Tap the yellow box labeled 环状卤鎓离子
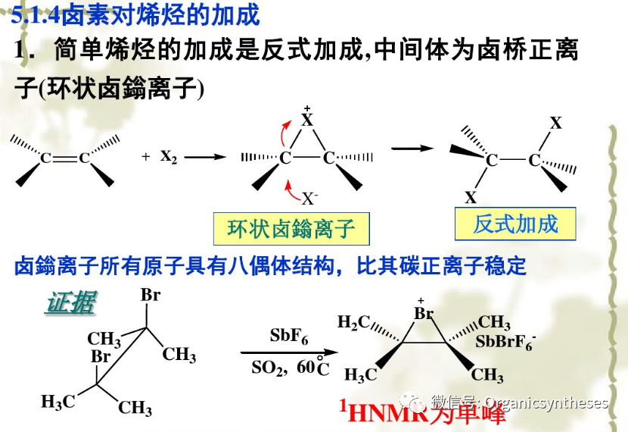coord(291,227)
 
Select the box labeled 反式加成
coord(515,224)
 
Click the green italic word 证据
coord(70,303)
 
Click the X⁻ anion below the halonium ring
coord(309,199)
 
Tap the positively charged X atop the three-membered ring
coord(306,119)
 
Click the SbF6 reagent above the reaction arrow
coord(288,337)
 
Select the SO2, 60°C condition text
coord(291,369)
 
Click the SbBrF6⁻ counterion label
coord(505,342)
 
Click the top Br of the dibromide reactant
coord(151,296)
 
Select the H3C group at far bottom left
coord(58,402)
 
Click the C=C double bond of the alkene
coord(64,158)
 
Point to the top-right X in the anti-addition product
coord(556,124)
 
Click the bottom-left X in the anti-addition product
coord(471,198)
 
